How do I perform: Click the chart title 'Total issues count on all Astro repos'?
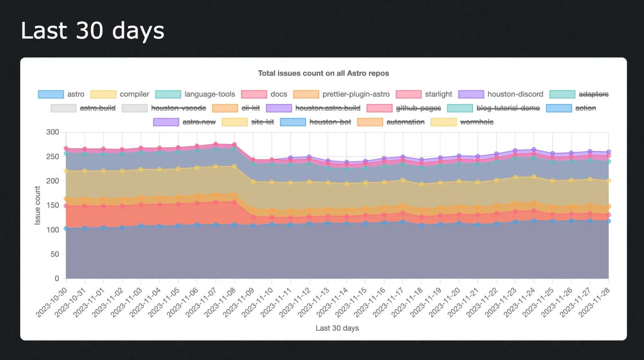pos(323,73)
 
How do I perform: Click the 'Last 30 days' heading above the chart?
pos(93,31)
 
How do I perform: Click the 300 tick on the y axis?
pos(53,132)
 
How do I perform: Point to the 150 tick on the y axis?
pos(53,205)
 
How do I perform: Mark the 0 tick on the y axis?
pos(57,278)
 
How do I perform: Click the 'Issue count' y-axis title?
pos(37,205)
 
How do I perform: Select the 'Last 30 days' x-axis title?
pos(337,328)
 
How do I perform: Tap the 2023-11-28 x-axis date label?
pos(595,302)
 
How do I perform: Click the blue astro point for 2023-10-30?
pos(66,228)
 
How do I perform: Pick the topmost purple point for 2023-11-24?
pos(534,150)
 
